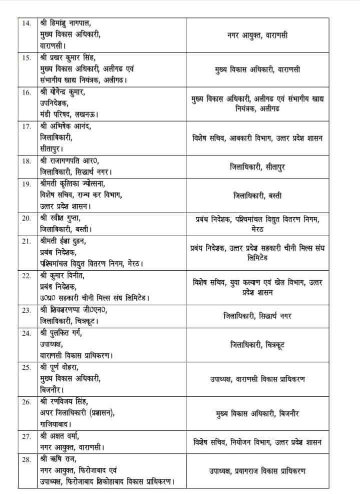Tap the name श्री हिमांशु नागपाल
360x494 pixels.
point(69,23)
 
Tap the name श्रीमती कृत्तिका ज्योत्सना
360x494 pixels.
point(79,184)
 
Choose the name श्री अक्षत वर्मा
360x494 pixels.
point(65,436)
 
